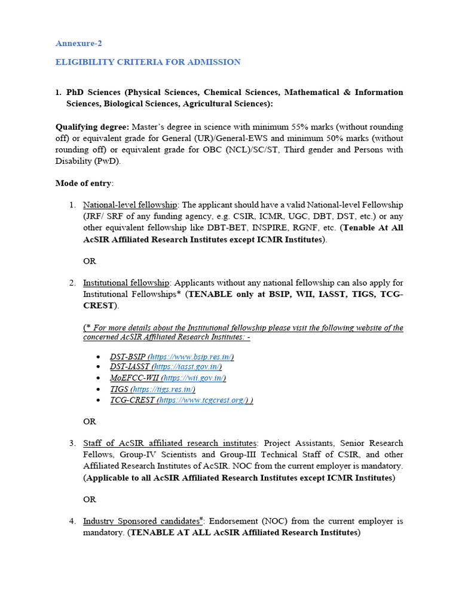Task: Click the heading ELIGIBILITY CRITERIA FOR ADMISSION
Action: point(148,62)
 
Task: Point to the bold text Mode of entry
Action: point(84,183)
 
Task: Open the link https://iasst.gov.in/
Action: point(187,368)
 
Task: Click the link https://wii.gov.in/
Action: point(195,378)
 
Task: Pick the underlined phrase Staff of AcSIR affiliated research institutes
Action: point(170,443)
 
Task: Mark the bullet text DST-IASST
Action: point(130,368)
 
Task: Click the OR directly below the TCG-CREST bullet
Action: point(90,421)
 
